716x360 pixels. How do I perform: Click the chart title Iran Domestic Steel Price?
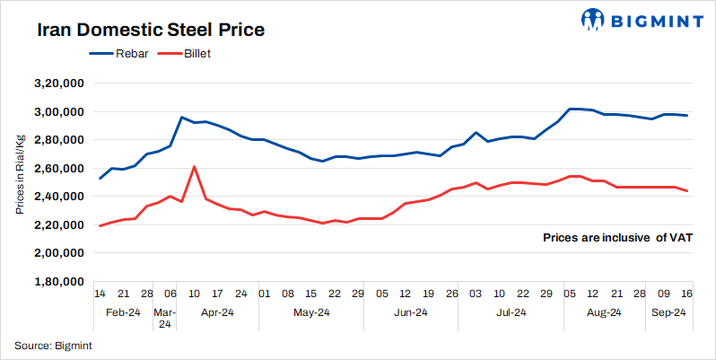tap(151, 30)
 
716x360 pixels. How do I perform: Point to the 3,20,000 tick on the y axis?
tap(58, 83)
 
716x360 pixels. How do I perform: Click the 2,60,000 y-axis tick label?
tap(58, 169)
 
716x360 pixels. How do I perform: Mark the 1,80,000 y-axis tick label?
tap(58, 282)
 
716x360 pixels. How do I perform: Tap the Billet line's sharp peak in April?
tap(195, 166)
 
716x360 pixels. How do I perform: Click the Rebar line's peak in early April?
tap(182, 117)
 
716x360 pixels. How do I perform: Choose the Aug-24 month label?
tap(604, 313)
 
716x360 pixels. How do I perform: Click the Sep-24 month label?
tap(668, 313)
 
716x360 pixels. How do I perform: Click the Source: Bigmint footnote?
tap(54, 345)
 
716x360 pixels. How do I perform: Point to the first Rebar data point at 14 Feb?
tap(100, 179)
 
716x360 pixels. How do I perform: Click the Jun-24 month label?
tap(409, 313)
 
